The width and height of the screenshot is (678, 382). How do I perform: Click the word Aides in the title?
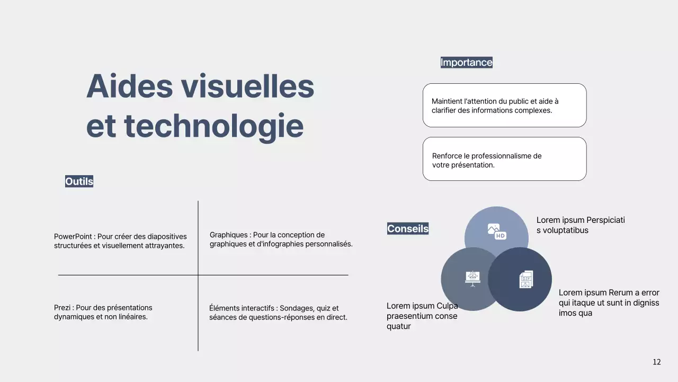click(129, 86)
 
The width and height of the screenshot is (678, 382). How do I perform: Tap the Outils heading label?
click(79, 181)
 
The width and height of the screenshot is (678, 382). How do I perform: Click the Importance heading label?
click(466, 63)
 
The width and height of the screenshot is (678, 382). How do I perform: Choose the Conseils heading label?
click(407, 229)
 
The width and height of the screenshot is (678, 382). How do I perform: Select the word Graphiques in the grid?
click(228, 235)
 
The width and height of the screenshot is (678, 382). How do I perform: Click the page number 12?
click(656, 362)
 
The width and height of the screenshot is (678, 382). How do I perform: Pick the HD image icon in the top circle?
click(497, 231)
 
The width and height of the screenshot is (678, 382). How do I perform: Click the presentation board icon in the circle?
click(472, 278)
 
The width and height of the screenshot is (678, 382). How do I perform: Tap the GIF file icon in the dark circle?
click(525, 280)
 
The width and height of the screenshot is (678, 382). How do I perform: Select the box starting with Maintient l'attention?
click(504, 105)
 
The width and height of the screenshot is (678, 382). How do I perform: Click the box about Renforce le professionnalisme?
click(504, 159)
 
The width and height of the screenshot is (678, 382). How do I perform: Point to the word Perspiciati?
click(605, 220)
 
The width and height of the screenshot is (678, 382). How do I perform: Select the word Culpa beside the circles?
click(447, 306)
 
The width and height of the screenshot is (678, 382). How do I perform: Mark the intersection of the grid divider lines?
click(198, 275)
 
